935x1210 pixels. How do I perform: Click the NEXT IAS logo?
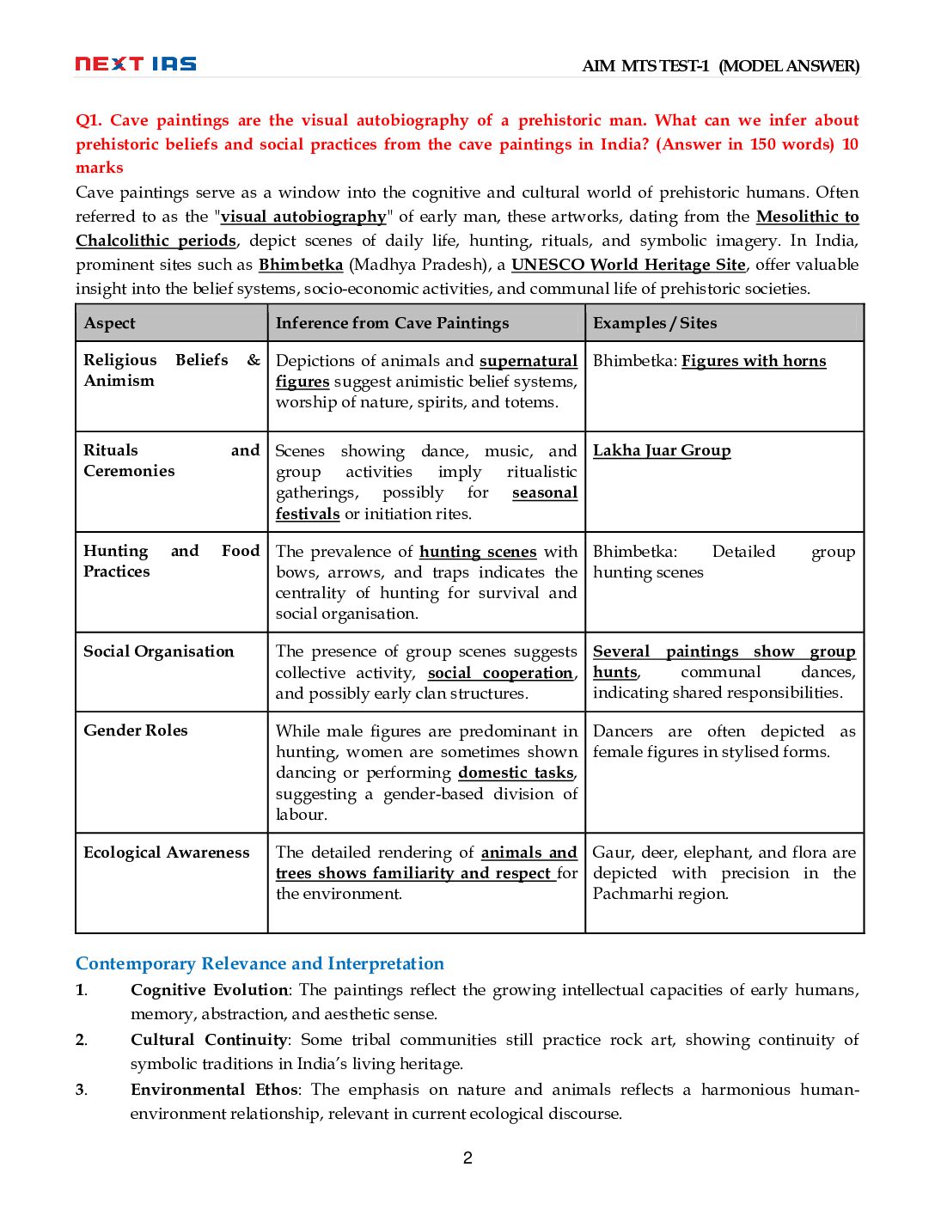pos(136,64)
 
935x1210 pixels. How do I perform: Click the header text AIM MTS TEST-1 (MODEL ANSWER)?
pos(720,66)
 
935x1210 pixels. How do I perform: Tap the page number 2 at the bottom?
pos(467,1158)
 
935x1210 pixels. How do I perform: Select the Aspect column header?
pos(110,323)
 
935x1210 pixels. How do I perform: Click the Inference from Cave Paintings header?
pos(392,323)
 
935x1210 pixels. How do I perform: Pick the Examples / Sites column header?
pos(655,323)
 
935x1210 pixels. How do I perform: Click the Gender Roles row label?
pos(136,730)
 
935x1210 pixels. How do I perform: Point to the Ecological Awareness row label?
pos(167,852)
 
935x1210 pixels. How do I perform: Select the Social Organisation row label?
pos(159,651)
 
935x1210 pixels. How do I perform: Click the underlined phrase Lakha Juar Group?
pos(662,450)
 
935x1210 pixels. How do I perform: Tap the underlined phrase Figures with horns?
pos(754,361)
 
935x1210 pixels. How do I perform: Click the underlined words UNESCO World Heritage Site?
pos(628,265)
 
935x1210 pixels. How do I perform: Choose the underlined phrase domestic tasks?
pos(516,773)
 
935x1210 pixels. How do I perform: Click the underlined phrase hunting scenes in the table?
pos(478,552)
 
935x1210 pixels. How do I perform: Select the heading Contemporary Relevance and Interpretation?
pos(260,963)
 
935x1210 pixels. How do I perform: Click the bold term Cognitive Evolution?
pos(210,990)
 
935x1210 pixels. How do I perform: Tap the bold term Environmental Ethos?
pos(214,1090)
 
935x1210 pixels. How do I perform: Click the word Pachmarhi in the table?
pos(633,894)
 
